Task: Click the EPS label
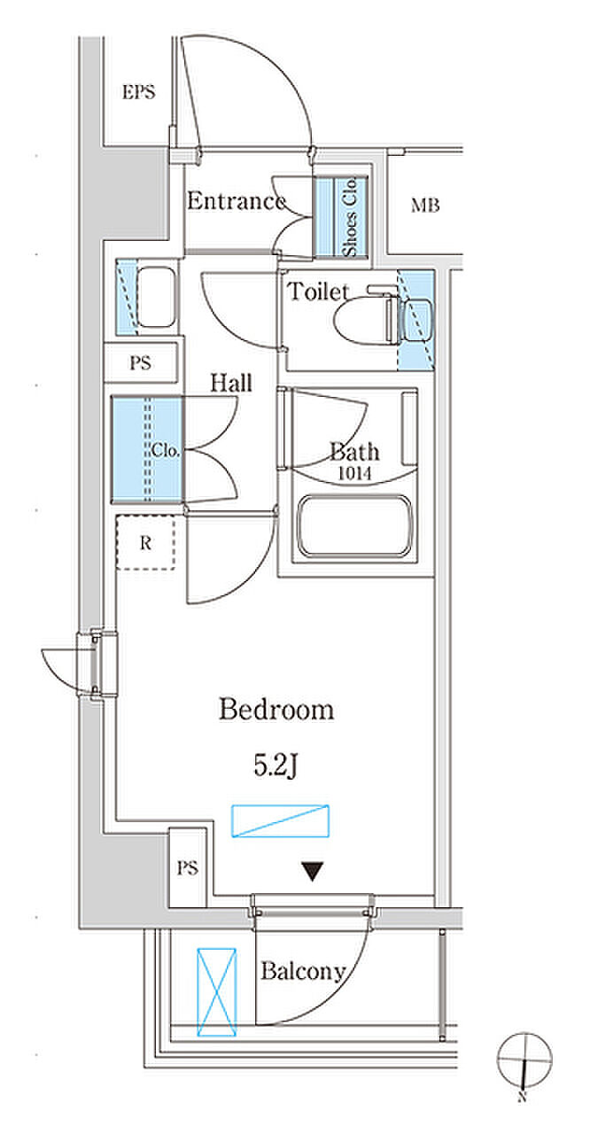[139, 92]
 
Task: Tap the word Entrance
[237, 201]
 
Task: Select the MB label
[425, 206]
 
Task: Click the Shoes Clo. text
[349, 217]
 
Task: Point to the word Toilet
[318, 291]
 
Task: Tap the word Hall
[231, 383]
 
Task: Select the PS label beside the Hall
[140, 363]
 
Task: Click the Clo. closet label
[165, 450]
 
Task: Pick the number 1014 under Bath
[354, 473]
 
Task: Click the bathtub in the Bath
[354, 526]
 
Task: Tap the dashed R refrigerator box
[146, 543]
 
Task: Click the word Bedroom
[276, 710]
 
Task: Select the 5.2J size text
[275, 765]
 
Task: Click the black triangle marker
[313, 872]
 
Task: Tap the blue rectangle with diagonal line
[280, 820]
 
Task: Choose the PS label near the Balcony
[187, 868]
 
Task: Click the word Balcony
[303, 971]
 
